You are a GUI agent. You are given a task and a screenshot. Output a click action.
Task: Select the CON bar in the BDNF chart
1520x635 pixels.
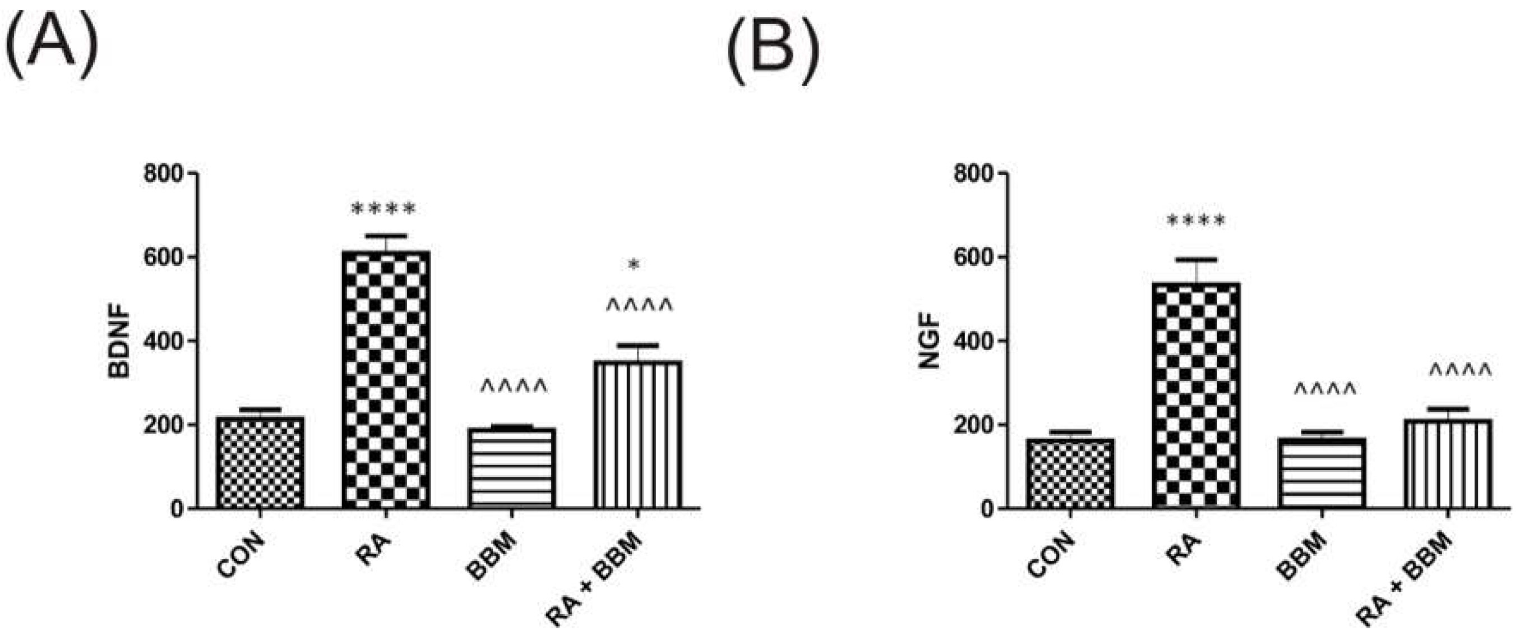point(260,463)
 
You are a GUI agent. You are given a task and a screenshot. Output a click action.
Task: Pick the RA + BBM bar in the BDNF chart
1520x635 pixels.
point(638,434)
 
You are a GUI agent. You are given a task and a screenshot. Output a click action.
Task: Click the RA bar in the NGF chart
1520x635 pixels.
point(1196,395)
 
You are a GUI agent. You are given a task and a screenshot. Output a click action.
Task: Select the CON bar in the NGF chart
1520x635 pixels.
point(1070,473)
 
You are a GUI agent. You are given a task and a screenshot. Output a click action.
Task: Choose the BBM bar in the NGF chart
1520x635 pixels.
point(1322,473)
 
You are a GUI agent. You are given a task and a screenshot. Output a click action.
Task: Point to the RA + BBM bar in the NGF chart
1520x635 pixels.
point(1449,464)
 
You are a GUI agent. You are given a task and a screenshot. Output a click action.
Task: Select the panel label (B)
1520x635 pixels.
point(774,53)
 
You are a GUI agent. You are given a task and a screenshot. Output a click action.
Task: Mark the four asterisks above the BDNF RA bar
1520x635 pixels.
point(384,209)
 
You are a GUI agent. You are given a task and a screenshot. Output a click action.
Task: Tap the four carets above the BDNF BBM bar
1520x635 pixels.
point(514,387)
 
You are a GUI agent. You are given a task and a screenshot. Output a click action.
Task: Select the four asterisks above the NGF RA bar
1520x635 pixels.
point(1196,222)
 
